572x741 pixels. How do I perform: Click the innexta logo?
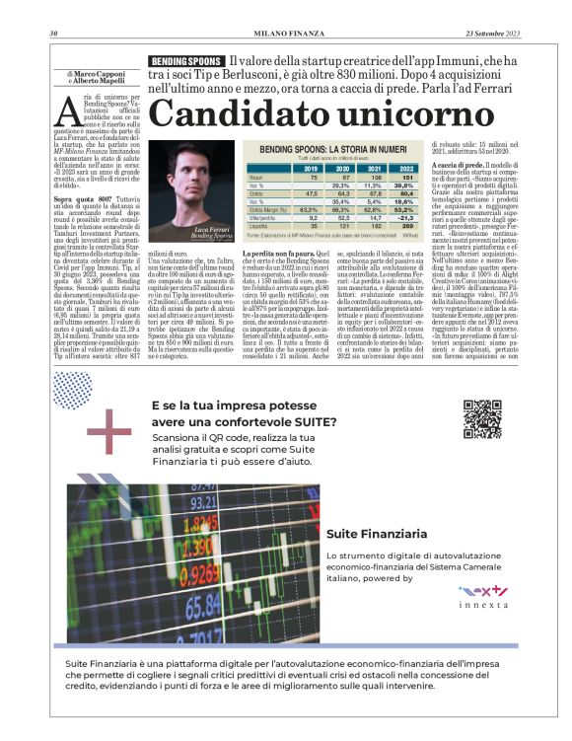click(482, 594)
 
